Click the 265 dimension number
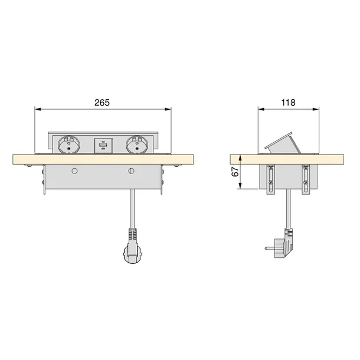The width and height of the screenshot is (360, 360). (x=103, y=102)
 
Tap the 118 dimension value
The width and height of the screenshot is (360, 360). (x=289, y=102)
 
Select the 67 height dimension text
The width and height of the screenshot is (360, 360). (x=235, y=172)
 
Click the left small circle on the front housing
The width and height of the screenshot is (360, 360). (x=74, y=171)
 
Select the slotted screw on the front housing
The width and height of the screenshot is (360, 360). (x=131, y=171)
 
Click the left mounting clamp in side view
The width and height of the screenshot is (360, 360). (x=271, y=179)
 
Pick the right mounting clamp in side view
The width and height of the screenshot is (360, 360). (x=306, y=179)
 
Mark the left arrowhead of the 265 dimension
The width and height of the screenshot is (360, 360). (x=37, y=109)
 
